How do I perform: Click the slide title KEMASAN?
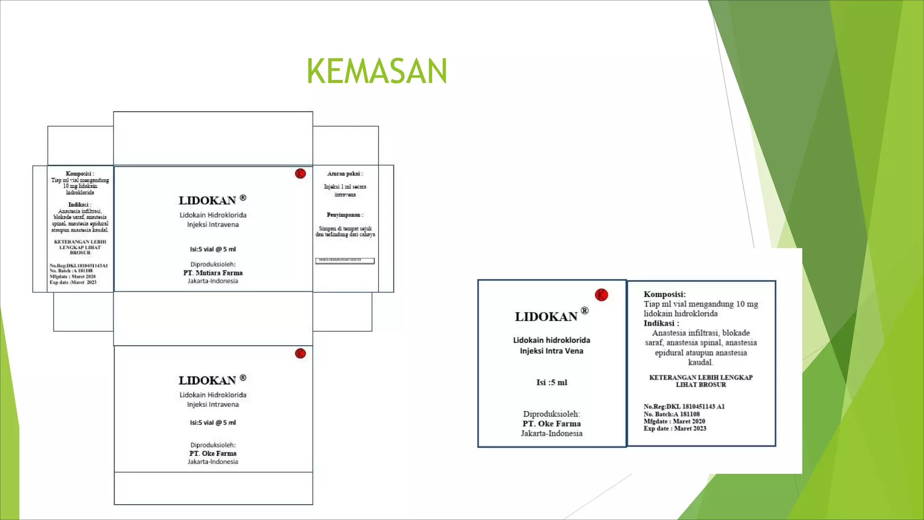coord(377,71)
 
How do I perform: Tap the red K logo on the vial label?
coord(601,295)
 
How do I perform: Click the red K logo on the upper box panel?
coord(300,173)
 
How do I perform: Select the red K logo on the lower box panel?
coord(300,353)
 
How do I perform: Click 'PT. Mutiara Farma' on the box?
coord(213,273)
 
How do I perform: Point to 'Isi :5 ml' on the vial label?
coord(551,382)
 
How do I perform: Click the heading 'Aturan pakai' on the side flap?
coord(345,174)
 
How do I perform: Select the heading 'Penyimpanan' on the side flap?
coord(345,215)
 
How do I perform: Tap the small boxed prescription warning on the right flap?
coord(345,260)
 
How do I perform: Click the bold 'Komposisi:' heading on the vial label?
coord(665,294)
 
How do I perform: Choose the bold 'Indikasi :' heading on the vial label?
coord(661,323)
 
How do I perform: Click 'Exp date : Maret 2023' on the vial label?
coord(675,428)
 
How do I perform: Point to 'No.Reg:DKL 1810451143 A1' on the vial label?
coord(684,406)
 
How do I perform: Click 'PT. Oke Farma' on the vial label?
coord(551,423)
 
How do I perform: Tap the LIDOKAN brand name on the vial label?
coord(546,316)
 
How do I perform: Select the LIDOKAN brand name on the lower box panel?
coord(207,381)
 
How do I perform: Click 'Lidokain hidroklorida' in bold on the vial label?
coord(551,340)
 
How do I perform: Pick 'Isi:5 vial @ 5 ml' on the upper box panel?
coord(213,249)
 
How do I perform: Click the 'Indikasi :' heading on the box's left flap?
coord(79,204)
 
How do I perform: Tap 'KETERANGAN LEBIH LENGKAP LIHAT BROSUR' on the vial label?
coord(701,381)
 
